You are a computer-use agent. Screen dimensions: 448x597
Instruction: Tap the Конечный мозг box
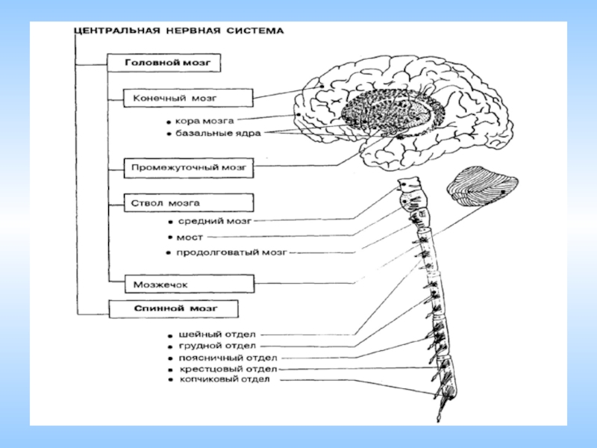pyautogui.click(x=189, y=98)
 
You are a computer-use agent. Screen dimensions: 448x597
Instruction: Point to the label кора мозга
pyautogui.click(x=205, y=120)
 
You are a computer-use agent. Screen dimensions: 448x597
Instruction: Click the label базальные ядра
pyautogui.click(x=219, y=133)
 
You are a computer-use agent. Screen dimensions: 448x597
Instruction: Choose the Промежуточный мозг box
pyautogui.click(x=189, y=168)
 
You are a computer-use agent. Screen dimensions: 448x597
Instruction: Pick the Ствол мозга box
pyautogui.click(x=189, y=202)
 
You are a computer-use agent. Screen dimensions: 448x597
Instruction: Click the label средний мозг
pyautogui.click(x=214, y=222)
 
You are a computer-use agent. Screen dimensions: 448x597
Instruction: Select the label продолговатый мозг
pyautogui.click(x=231, y=252)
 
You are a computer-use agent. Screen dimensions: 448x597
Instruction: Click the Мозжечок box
pyautogui.click(x=181, y=284)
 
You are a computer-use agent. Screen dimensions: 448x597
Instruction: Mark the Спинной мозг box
pyautogui.click(x=173, y=308)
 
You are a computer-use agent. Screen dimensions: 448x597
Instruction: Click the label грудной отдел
pyautogui.click(x=217, y=346)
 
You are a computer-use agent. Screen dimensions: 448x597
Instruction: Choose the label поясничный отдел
pyautogui.click(x=223, y=358)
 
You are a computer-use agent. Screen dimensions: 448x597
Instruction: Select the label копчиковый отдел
pyautogui.click(x=224, y=380)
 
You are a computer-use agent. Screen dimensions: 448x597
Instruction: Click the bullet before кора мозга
pyautogui.click(x=170, y=121)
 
